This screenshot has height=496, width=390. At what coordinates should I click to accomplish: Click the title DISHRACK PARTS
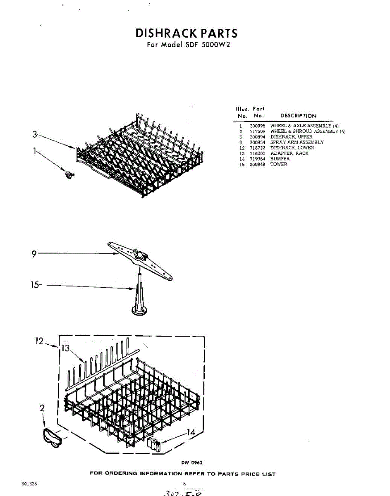click(x=187, y=33)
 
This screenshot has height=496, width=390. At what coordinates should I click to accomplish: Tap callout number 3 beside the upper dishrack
click(x=35, y=134)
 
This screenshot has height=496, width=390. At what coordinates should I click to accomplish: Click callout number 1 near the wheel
click(x=35, y=151)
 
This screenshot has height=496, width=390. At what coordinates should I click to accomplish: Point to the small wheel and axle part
click(x=67, y=175)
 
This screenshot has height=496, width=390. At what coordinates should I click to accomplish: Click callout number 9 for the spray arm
click(x=34, y=254)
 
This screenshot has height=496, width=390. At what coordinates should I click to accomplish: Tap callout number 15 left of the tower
click(x=35, y=285)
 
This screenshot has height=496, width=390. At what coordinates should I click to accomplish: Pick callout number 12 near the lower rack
click(x=39, y=341)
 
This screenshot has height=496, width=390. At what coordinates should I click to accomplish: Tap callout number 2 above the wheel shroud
click(x=42, y=408)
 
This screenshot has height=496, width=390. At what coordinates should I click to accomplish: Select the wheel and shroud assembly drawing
click(x=52, y=437)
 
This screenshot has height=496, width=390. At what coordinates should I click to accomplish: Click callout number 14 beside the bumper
click(x=190, y=432)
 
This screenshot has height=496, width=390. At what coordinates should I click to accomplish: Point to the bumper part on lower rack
click(x=154, y=446)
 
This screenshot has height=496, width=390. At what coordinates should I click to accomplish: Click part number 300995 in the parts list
click(x=257, y=126)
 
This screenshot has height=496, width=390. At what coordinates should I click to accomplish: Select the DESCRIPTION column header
click(x=298, y=116)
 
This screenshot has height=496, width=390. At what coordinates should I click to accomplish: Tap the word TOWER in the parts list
click(x=279, y=165)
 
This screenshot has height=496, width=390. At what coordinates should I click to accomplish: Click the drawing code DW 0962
click(x=191, y=463)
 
